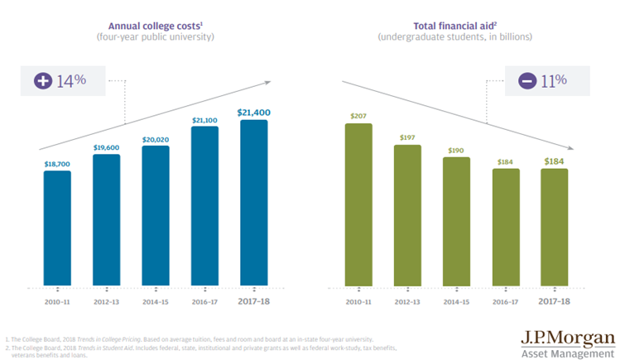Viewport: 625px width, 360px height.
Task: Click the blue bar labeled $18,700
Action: pyautogui.click(x=57, y=228)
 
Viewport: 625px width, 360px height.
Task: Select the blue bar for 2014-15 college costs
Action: pyautogui.click(x=155, y=215)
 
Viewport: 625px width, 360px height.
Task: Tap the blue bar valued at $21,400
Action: pyautogui.click(x=253, y=203)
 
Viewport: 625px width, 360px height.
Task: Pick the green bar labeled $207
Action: pyautogui.click(x=358, y=204)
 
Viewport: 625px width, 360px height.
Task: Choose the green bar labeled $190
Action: pyautogui.click(x=457, y=221)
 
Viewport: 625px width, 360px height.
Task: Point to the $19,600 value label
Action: pyautogui.click(x=106, y=146)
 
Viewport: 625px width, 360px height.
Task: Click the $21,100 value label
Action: pyautogui.click(x=204, y=119)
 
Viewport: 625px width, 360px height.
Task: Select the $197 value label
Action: pyautogui.click(x=408, y=137)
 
